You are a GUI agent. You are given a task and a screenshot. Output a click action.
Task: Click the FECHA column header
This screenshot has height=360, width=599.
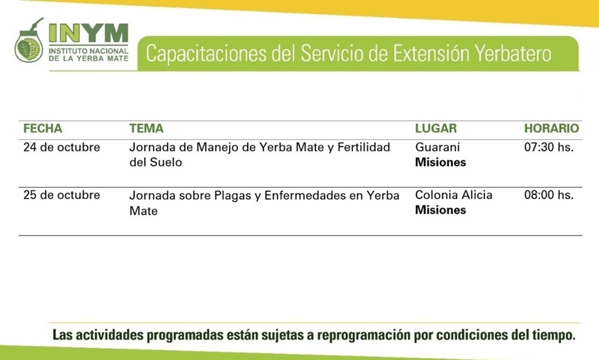point(43,128)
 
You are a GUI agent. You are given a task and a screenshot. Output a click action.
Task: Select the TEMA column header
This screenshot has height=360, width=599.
point(146,128)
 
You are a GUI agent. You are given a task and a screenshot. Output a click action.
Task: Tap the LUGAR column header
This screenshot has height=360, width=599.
point(436,128)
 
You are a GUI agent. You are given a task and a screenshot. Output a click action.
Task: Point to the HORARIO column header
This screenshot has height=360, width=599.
point(551,128)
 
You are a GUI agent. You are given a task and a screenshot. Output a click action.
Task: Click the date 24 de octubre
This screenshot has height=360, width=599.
point(61,147)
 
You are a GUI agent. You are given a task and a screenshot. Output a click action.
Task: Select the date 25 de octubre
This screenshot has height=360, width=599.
point(61,195)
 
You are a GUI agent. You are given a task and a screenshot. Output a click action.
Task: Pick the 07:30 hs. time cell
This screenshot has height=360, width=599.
point(548,147)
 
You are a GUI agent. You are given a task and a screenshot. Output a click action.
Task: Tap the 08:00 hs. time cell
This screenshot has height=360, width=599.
point(548,195)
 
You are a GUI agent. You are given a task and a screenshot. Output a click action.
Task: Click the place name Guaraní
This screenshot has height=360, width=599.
point(438,147)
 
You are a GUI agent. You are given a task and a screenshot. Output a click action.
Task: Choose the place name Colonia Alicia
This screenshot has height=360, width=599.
point(454,195)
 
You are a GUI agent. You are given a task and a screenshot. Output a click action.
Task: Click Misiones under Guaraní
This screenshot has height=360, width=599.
point(441,162)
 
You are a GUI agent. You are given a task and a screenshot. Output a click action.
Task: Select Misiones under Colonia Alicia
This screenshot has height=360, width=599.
point(441,210)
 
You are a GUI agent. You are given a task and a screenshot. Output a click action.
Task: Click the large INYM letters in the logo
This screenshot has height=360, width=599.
point(89,33)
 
